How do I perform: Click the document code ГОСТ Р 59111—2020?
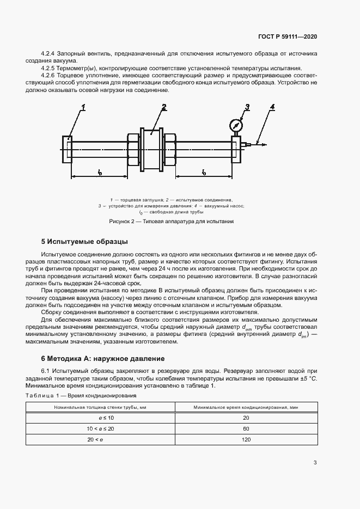pos(287,36)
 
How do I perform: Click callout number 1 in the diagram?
pos(83,107)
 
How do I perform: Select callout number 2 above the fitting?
pos(163,107)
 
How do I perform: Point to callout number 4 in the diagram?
pos(272,106)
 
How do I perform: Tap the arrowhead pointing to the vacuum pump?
pos(264,145)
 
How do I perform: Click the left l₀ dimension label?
pos(100,173)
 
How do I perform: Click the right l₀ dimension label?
pos(204,173)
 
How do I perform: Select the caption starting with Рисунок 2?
pos(171,222)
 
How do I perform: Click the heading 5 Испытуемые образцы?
pos(84,241)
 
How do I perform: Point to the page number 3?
pos(315,463)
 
